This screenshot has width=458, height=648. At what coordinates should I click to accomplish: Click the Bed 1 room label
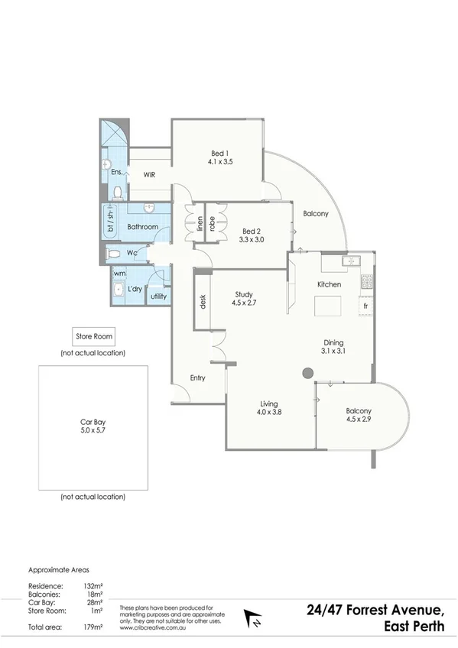click(219, 157)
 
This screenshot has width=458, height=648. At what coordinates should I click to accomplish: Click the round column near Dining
click(307, 372)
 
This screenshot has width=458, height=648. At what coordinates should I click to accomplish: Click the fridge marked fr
click(367, 305)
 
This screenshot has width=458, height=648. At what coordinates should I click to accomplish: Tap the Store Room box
click(93, 336)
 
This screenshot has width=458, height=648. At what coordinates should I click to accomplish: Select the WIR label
click(149, 174)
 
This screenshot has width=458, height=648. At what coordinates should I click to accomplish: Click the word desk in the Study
click(203, 302)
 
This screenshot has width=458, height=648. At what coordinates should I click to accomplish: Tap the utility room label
click(159, 296)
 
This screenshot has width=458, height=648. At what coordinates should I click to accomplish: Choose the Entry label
click(198, 377)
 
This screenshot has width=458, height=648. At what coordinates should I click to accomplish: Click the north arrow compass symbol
click(252, 615)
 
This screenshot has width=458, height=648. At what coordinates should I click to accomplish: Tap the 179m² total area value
click(93, 627)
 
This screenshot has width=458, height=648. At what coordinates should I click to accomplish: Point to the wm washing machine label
click(119, 273)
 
